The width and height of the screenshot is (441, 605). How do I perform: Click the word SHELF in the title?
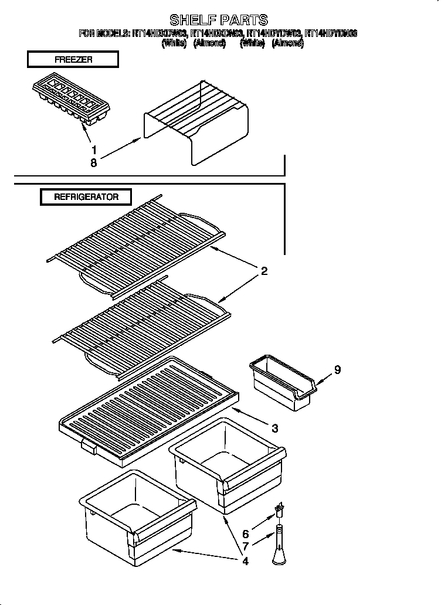pos(188,21)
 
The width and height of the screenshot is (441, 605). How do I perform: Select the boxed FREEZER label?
pos(73,60)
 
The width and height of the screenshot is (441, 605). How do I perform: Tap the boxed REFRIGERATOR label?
pos(86,197)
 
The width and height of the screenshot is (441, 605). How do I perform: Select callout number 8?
pos(93,163)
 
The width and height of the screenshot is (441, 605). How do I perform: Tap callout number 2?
pos(264,271)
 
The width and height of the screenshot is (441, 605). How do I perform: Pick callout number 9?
pos(337,370)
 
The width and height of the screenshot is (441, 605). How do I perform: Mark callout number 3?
pos(274,428)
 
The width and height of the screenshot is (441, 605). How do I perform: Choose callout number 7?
pos(245,548)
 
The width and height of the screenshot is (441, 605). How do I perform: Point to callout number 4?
pos(245,561)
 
